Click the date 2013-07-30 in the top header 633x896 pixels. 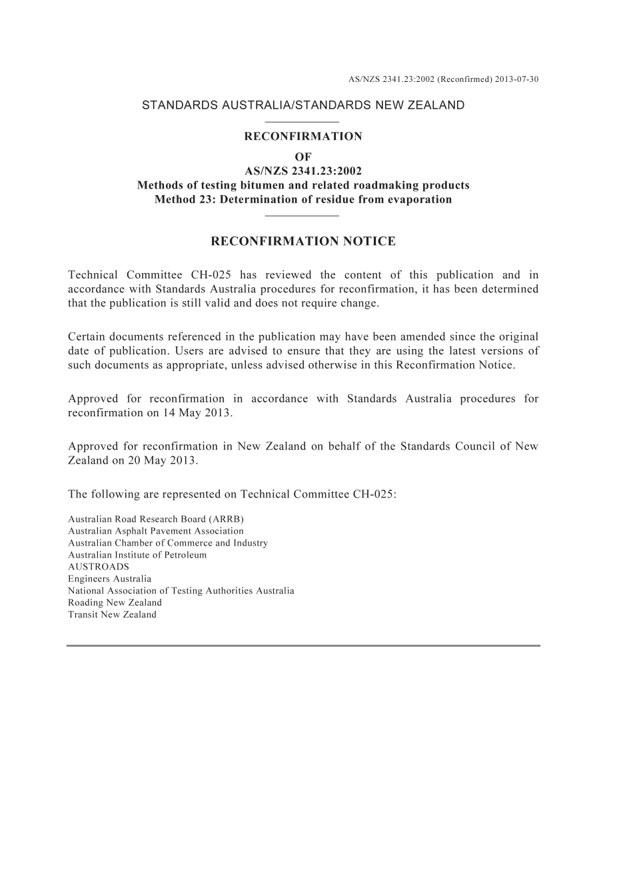(517, 79)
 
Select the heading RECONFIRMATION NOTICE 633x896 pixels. (303, 241)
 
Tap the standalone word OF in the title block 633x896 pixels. (303, 157)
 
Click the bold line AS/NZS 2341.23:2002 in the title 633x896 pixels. (303, 171)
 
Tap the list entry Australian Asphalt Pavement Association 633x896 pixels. (156, 531)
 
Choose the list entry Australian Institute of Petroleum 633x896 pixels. (137, 555)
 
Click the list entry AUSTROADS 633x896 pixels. (99, 567)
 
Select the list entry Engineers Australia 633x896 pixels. (109, 579)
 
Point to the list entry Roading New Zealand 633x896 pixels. (115, 602)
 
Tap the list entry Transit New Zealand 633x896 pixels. (112, 614)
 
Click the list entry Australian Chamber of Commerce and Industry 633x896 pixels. (168, 543)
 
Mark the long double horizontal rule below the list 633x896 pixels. (303, 646)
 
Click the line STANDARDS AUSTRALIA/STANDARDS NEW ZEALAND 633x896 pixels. (303, 105)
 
